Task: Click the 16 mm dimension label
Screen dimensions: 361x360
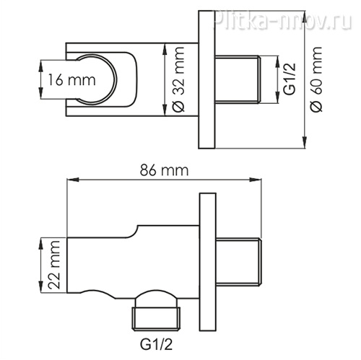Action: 71,79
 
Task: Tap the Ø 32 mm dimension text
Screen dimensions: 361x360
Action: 178,79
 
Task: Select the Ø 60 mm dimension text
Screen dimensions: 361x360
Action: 316,79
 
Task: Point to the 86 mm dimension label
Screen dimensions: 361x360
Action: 165,170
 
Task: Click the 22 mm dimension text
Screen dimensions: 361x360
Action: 53,265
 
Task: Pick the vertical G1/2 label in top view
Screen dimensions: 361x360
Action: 289,79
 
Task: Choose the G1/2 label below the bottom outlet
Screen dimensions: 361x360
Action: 157,345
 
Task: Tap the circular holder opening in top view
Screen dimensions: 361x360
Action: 97,79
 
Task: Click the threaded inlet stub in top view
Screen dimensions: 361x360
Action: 238,79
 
